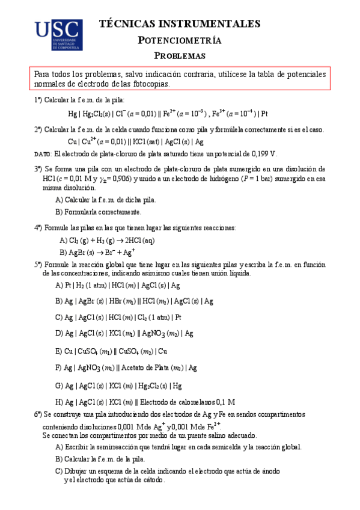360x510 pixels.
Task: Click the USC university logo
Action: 58,35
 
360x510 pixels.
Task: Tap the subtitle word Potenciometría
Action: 180,40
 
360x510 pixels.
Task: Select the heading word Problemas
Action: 180,56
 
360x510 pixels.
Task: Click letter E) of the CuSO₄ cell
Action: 58,351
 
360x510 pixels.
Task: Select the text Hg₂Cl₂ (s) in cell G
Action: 152,385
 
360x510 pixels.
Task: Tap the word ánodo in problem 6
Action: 267,472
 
